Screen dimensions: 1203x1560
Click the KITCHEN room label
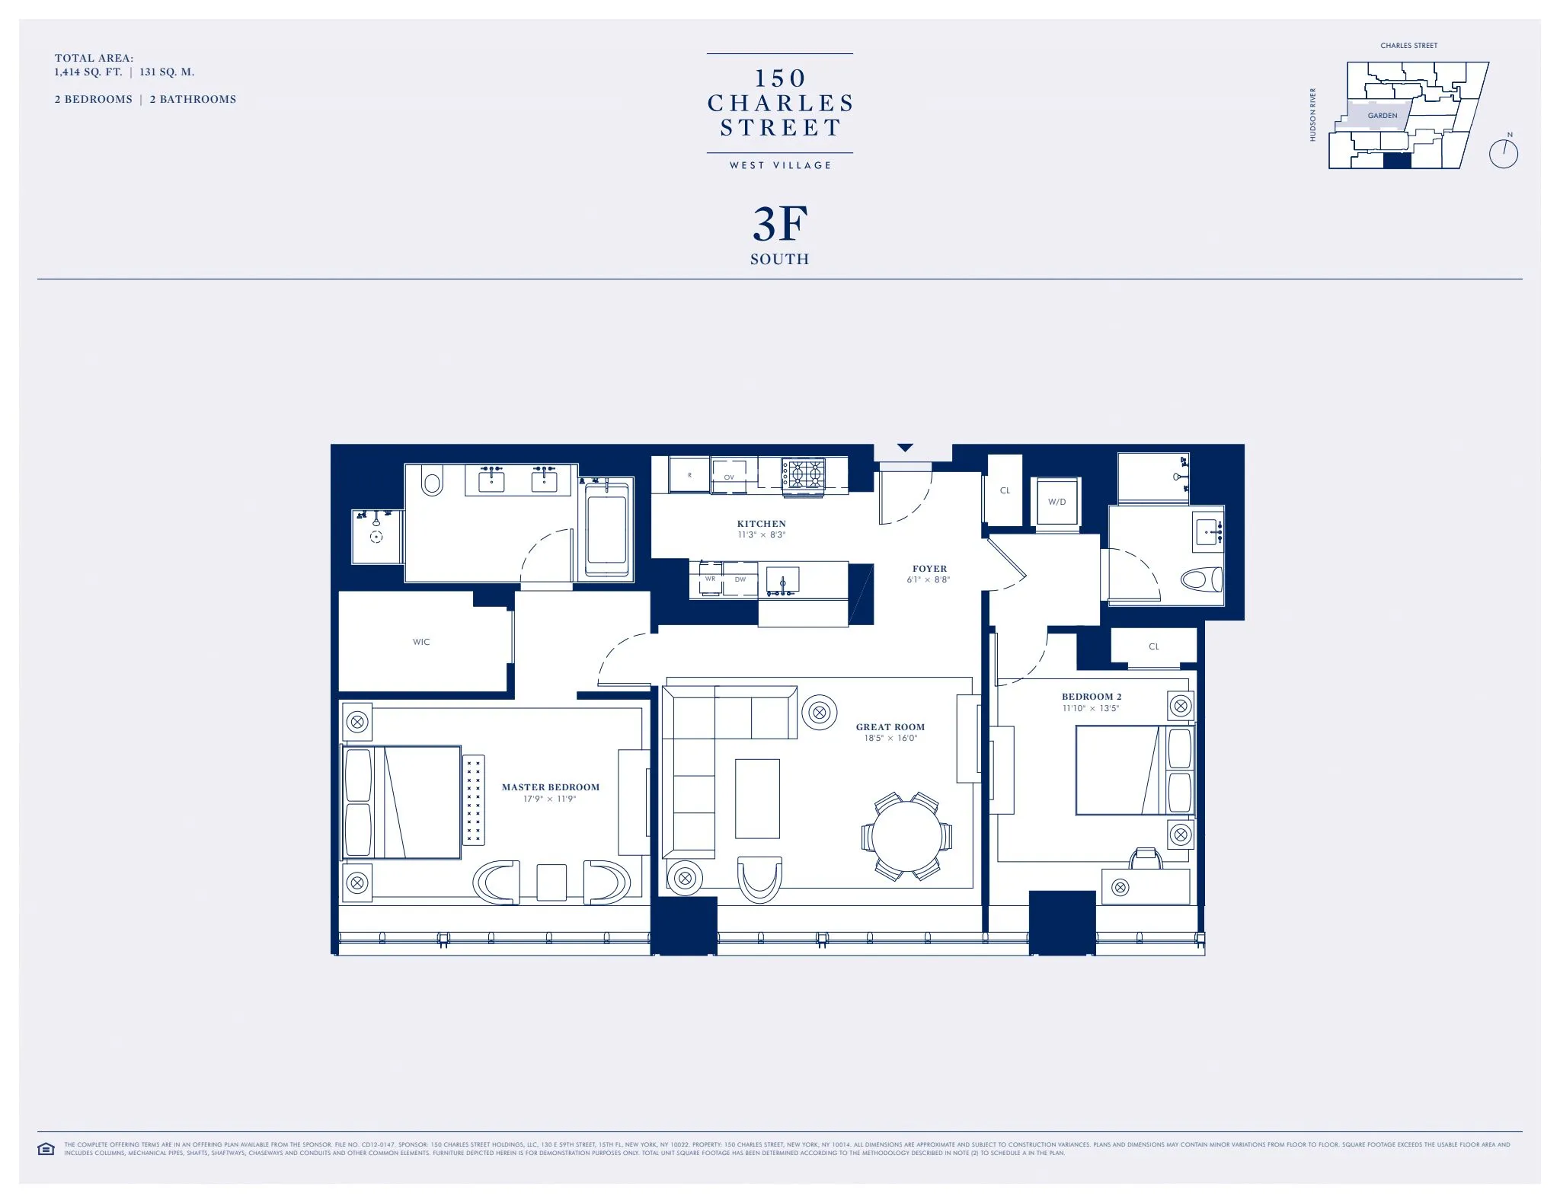point(761,524)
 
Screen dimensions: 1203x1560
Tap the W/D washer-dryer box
point(1057,502)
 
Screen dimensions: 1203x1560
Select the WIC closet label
point(421,642)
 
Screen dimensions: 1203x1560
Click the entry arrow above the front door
point(905,448)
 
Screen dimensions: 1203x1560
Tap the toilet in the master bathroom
point(433,482)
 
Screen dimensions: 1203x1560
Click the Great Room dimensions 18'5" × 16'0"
point(890,738)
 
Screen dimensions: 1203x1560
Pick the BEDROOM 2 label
point(1091,697)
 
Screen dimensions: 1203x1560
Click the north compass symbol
point(1503,153)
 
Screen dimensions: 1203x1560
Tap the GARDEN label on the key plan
point(1382,116)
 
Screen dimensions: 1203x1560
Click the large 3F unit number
point(779,225)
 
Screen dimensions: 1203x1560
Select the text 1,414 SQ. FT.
point(88,72)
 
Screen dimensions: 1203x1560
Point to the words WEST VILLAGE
point(780,165)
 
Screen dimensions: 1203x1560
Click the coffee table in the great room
point(757,799)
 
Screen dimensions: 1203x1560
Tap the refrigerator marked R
point(690,475)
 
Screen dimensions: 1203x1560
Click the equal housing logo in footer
point(46,1149)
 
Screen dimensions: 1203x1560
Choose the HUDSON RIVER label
point(1312,115)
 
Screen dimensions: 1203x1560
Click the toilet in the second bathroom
point(1201,579)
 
